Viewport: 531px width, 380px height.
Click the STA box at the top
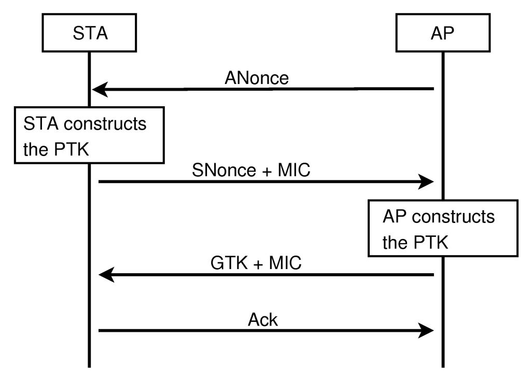pyautogui.click(x=89, y=33)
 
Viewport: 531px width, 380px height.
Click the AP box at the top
pyautogui.click(x=443, y=33)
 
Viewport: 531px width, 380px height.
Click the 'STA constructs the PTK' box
pyautogui.click(x=89, y=135)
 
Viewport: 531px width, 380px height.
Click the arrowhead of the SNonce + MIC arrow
pyautogui.click(x=426, y=181)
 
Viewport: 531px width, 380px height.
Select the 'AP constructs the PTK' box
pyautogui.click(x=442, y=228)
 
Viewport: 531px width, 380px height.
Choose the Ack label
pyautogui.click(x=263, y=320)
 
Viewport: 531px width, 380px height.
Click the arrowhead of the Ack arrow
pyautogui.click(x=426, y=331)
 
